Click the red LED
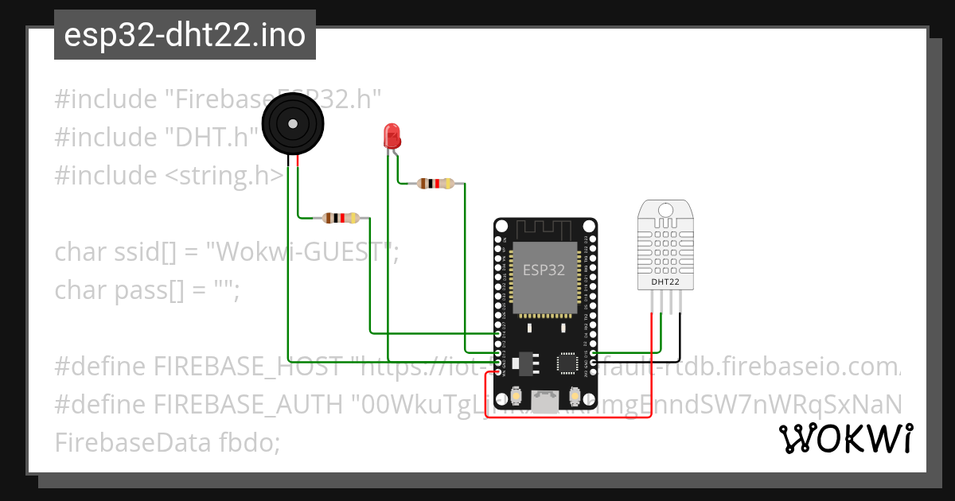392,136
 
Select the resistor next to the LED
435,184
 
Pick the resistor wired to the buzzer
341,217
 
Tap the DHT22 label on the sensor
666,282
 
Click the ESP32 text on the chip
544,270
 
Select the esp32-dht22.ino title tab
185,35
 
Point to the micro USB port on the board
545,402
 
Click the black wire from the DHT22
680,334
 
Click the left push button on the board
517,395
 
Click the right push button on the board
575,395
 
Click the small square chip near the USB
568,363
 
